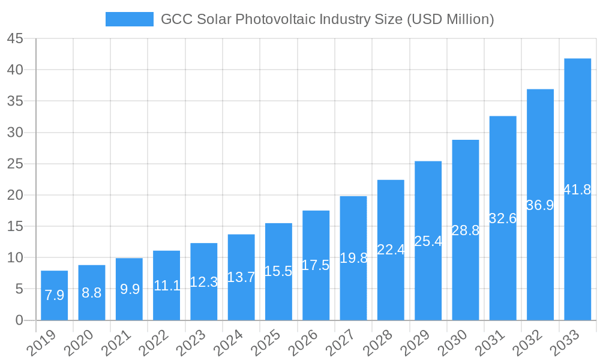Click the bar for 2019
click(x=54, y=295)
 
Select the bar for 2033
click(x=577, y=189)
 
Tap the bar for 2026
click(x=316, y=265)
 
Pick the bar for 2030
click(x=465, y=230)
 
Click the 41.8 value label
click(x=577, y=190)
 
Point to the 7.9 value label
click(x=54, y=295)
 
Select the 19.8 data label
click(x=353, y=258)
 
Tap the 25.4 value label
click(x=428, y=241)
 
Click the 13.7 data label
click(x=241, y=277)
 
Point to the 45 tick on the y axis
click(x=16, y=39)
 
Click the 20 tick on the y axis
click(x=16, y=195)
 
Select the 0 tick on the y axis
click(x=19, y=320)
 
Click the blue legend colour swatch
click(x=129, y=19)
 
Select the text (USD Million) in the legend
click(x=450, y=19)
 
